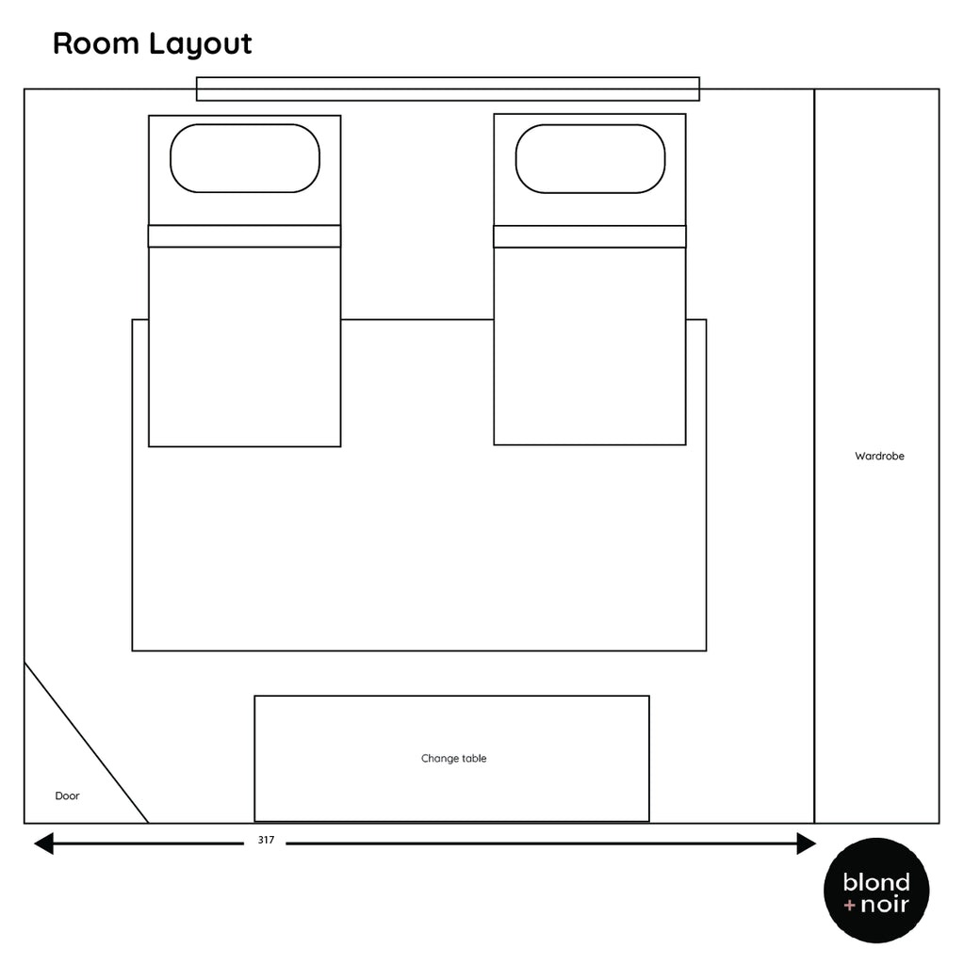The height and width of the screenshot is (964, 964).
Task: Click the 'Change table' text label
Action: point(453,759)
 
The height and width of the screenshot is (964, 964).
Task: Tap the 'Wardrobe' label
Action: point(879,457)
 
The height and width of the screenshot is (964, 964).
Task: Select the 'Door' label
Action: point(67,796)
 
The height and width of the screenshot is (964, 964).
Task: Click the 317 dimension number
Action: point(266,841)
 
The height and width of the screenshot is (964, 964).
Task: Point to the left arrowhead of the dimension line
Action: point(43,843)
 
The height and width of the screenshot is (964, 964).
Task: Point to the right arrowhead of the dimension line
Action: point(807,843)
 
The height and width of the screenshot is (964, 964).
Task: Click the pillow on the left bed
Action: point(245,158)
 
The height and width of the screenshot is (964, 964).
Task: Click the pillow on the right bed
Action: point(590,158)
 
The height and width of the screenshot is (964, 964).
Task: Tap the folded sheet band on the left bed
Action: point(244,236)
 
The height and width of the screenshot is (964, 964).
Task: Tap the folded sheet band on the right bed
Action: point(590,236)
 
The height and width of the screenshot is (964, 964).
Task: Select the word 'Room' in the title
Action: point(94,44)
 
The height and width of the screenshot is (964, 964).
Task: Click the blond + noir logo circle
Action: point(876,890)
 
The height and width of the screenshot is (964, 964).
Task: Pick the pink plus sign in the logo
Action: point(850,907)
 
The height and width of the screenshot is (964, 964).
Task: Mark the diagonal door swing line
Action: point(87,743)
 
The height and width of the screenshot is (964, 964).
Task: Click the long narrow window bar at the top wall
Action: point(448,88)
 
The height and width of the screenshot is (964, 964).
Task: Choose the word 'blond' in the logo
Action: point(876,882)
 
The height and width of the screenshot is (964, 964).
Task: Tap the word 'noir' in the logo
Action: point(885,906)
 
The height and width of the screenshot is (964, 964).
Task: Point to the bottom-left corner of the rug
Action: point(133,650)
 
